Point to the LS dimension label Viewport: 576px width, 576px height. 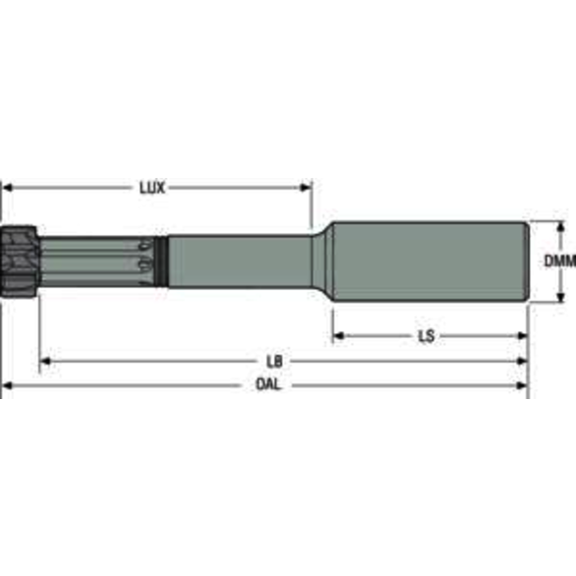(426, 336)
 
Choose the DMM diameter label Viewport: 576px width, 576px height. (559, 261)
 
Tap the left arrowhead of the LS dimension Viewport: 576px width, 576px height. (335, 336)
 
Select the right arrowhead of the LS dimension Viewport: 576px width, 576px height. (522, 336)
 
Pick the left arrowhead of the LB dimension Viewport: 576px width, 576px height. (45, 361)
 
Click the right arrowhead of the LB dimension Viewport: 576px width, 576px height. (522, 361)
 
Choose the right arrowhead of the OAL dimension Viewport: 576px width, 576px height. (522, 385)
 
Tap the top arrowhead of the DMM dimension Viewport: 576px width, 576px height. (559, 227)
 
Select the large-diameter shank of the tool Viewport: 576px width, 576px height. (428, 261)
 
